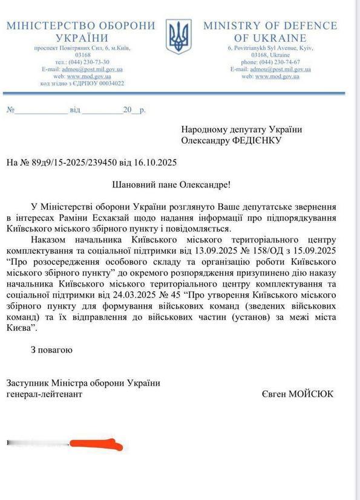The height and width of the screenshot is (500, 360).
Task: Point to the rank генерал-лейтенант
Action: [x=44, y=394]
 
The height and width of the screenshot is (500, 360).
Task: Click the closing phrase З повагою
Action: [x=51, y=349]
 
